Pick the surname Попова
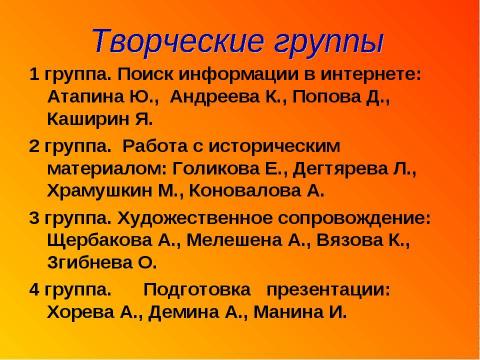(x=330, y=98)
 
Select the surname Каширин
(x=83, y=120)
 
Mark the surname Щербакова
(x=94, y=239)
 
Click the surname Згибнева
(x=89, y=261)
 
